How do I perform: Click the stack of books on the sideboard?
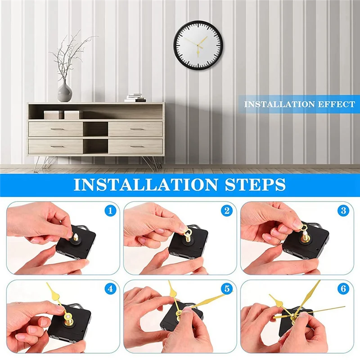135,98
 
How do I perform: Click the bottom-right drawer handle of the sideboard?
135,146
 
